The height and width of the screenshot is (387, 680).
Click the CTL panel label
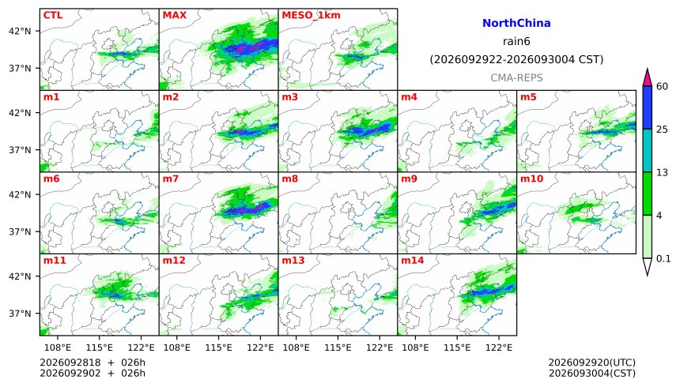point(53,15)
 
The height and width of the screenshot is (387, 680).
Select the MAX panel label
point(174,15)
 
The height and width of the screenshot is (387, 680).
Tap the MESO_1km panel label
point(311,16)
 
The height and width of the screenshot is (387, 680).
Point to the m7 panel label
point(171,178)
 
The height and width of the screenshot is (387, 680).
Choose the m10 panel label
point(531,178)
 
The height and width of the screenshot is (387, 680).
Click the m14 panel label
point(413,260)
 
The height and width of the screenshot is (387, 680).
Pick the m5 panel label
point(528,96)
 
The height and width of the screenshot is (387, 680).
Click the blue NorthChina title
point(516,23)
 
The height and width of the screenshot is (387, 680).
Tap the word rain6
point(516,41)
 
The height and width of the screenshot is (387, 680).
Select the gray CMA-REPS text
point(516,77)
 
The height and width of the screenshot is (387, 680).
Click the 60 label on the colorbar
point(663,86)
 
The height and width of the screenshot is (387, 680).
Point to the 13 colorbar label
point(663,172)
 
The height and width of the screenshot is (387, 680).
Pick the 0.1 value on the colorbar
point(663,259)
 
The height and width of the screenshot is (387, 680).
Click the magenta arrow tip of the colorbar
point(648,70)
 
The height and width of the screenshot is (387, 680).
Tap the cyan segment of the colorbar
point(648,150)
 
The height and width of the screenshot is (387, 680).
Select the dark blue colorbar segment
point(648,107)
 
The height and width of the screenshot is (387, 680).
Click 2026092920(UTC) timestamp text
point(592,363)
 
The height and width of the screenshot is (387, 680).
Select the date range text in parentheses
point(516,59)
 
